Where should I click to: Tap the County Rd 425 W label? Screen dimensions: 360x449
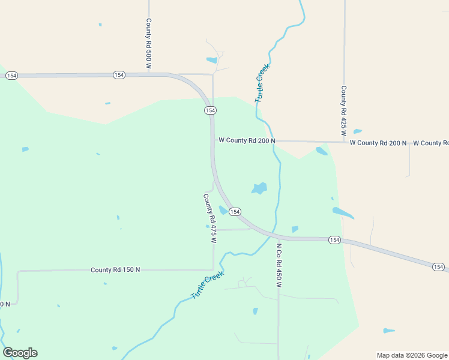pyautogui.click(x=343, y=109)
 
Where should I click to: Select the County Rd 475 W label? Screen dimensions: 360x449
pyautogui.click(x=209, y=218)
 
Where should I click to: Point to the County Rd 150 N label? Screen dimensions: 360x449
pyautogui.click(x=115, y=270)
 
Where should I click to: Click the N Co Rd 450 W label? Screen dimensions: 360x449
pyautogui.click(x=279, y=265)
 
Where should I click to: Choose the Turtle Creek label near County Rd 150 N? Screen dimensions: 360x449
pyautogui.click(x=207, y=285)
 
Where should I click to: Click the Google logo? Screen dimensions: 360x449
pyautogui.click(x=20, y=353)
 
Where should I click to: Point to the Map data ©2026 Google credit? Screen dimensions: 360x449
pyautogui.click(x=412, y=355)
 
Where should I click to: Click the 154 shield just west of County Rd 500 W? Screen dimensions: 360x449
pyautogui.click(x=119, y=75)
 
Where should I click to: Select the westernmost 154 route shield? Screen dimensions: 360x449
pyautogui.click(x=11, y=76)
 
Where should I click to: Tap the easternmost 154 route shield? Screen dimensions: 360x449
pyautogui.click(x=438, y=267)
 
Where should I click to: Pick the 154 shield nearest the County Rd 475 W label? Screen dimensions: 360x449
pyautogui.click(x=235, y=212)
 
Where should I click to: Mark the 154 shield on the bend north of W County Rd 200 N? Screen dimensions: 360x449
pyautogui.click(x=210, y=110)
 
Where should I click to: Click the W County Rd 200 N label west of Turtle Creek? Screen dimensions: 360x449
pyautogui.click(x=247, y=140)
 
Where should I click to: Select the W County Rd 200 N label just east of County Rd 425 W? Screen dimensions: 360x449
pyautogui.click(x=378, y=143)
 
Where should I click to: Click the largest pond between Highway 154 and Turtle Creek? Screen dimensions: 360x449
pyautogui.click(x=259, y=188)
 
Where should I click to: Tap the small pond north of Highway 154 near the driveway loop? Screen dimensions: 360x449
pyautogui.click(x=211, y=60)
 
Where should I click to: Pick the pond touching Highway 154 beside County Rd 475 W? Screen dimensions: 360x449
pyautogui.click(x=223, y=210)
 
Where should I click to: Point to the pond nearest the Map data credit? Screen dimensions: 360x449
pyautogui.click(x=389, y=331)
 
